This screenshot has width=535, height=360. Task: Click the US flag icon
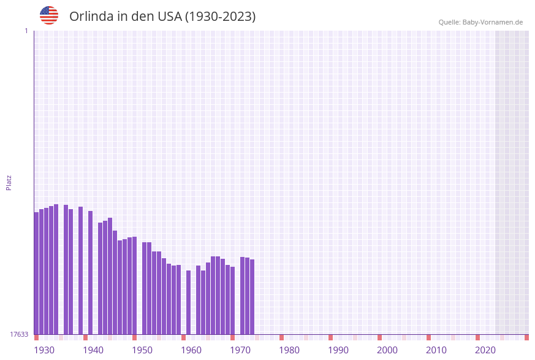(x=49, y=15)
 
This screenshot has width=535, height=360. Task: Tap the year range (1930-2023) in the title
(x=220, y=17)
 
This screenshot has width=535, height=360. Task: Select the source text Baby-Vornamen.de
(x=492, y=22)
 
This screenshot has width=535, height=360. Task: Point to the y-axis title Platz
(x=9, y=182)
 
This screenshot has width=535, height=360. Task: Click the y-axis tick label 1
(x=26, y=31)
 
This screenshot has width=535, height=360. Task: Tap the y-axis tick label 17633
(x=19, y=334)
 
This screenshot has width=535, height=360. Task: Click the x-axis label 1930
(x=44, y=350)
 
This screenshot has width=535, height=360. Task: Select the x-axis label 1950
(x=142, y=350)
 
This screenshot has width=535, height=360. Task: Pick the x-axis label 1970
(x=240, y=350)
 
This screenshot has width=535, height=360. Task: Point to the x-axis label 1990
(x=338, y=350)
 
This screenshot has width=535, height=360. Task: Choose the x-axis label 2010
(x=436, y=350)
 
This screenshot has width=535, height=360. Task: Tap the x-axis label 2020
(x=485, y=350)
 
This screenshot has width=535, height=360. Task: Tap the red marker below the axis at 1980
(x=281, y=337)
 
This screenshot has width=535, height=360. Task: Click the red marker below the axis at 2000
(x=379, y=337)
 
